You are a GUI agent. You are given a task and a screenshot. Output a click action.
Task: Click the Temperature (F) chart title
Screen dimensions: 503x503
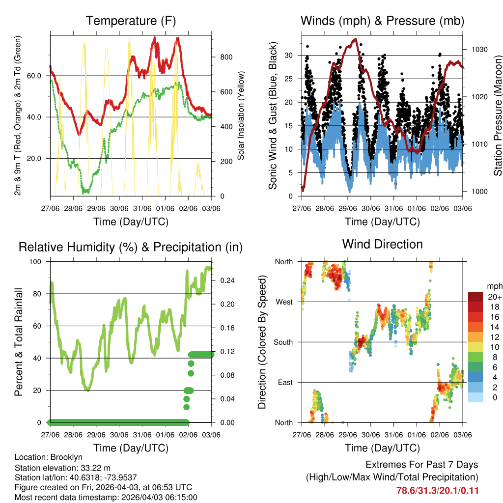click(x=131, y=21)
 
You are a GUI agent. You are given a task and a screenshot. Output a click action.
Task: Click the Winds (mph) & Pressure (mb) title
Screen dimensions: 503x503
click(x=382, y=21)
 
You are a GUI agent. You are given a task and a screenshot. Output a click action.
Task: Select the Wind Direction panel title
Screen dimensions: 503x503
click(x=382, y=244)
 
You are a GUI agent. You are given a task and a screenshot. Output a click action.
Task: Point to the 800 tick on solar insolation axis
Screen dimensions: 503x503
click(x=226, y=57)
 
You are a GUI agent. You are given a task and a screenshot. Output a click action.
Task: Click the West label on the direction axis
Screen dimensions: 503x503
click(x=284, y=302)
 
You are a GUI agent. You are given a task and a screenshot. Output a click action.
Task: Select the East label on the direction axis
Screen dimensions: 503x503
click(x=284, y=382)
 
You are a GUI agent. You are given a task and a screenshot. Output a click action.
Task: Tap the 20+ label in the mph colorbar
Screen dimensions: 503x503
click(x=493, y=297)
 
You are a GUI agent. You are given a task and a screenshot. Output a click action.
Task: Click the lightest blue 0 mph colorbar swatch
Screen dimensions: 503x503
click(x=475, y=398)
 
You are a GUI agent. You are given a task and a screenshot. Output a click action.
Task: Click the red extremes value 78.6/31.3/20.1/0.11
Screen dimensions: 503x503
click(x=437, y=490)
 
